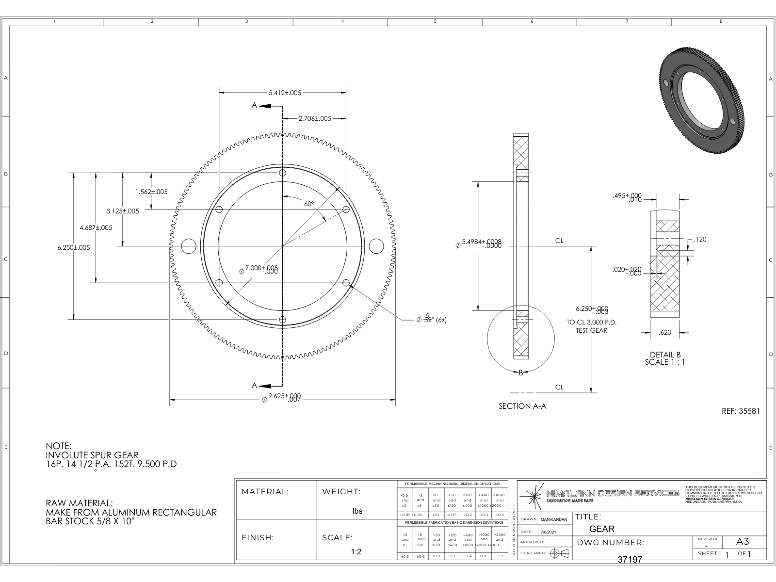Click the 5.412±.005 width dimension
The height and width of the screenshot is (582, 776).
[285, 92]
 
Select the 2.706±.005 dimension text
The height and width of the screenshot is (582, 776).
[315, 118]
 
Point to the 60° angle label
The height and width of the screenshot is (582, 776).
[309, 204]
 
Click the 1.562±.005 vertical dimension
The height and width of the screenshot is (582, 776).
[151, 192]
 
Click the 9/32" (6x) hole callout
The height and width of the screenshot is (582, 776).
[432, 320]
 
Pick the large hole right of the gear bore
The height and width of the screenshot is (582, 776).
[376, 246]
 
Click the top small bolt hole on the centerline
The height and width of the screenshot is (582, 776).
[283, 173]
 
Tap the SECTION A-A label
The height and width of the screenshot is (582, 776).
[522, 406]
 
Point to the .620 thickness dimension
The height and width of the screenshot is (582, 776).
[665, 333]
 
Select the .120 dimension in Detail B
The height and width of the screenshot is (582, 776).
[700, 239]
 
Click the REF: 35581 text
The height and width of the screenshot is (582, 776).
[741, 411]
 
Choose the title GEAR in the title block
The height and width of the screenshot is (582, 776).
[601, 529]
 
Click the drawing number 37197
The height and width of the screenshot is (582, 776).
[630, 559]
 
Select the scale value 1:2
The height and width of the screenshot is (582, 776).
[356, 552]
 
